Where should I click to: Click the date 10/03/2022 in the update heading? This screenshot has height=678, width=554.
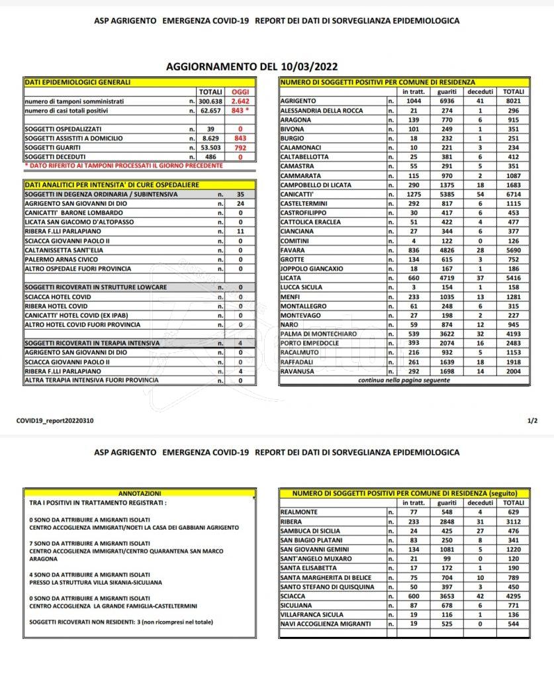click(x=306, y=66)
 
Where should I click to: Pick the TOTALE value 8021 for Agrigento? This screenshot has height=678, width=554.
click(x=513, y=100)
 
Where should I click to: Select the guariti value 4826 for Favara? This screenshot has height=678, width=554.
click(x=447, y=250)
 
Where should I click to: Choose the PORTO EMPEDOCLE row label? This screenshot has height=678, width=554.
click(x=309, y=344)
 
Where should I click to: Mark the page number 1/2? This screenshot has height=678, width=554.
click(x=533, y=420)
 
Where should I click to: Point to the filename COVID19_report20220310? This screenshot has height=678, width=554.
click(x=54, y=420)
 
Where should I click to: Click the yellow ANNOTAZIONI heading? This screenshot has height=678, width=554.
click(x=139, y=493)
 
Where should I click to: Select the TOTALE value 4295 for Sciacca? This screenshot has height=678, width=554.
click(x=513, y=596)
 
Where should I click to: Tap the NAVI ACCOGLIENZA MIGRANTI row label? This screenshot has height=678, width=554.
click(x=324, y=624)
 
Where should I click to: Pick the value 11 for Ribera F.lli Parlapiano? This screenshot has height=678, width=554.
click(x=240, y=232)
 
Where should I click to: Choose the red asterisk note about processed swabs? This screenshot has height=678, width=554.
click(x=124, y=165)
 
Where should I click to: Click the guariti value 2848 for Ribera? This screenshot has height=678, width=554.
click(x=447, y=521)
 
